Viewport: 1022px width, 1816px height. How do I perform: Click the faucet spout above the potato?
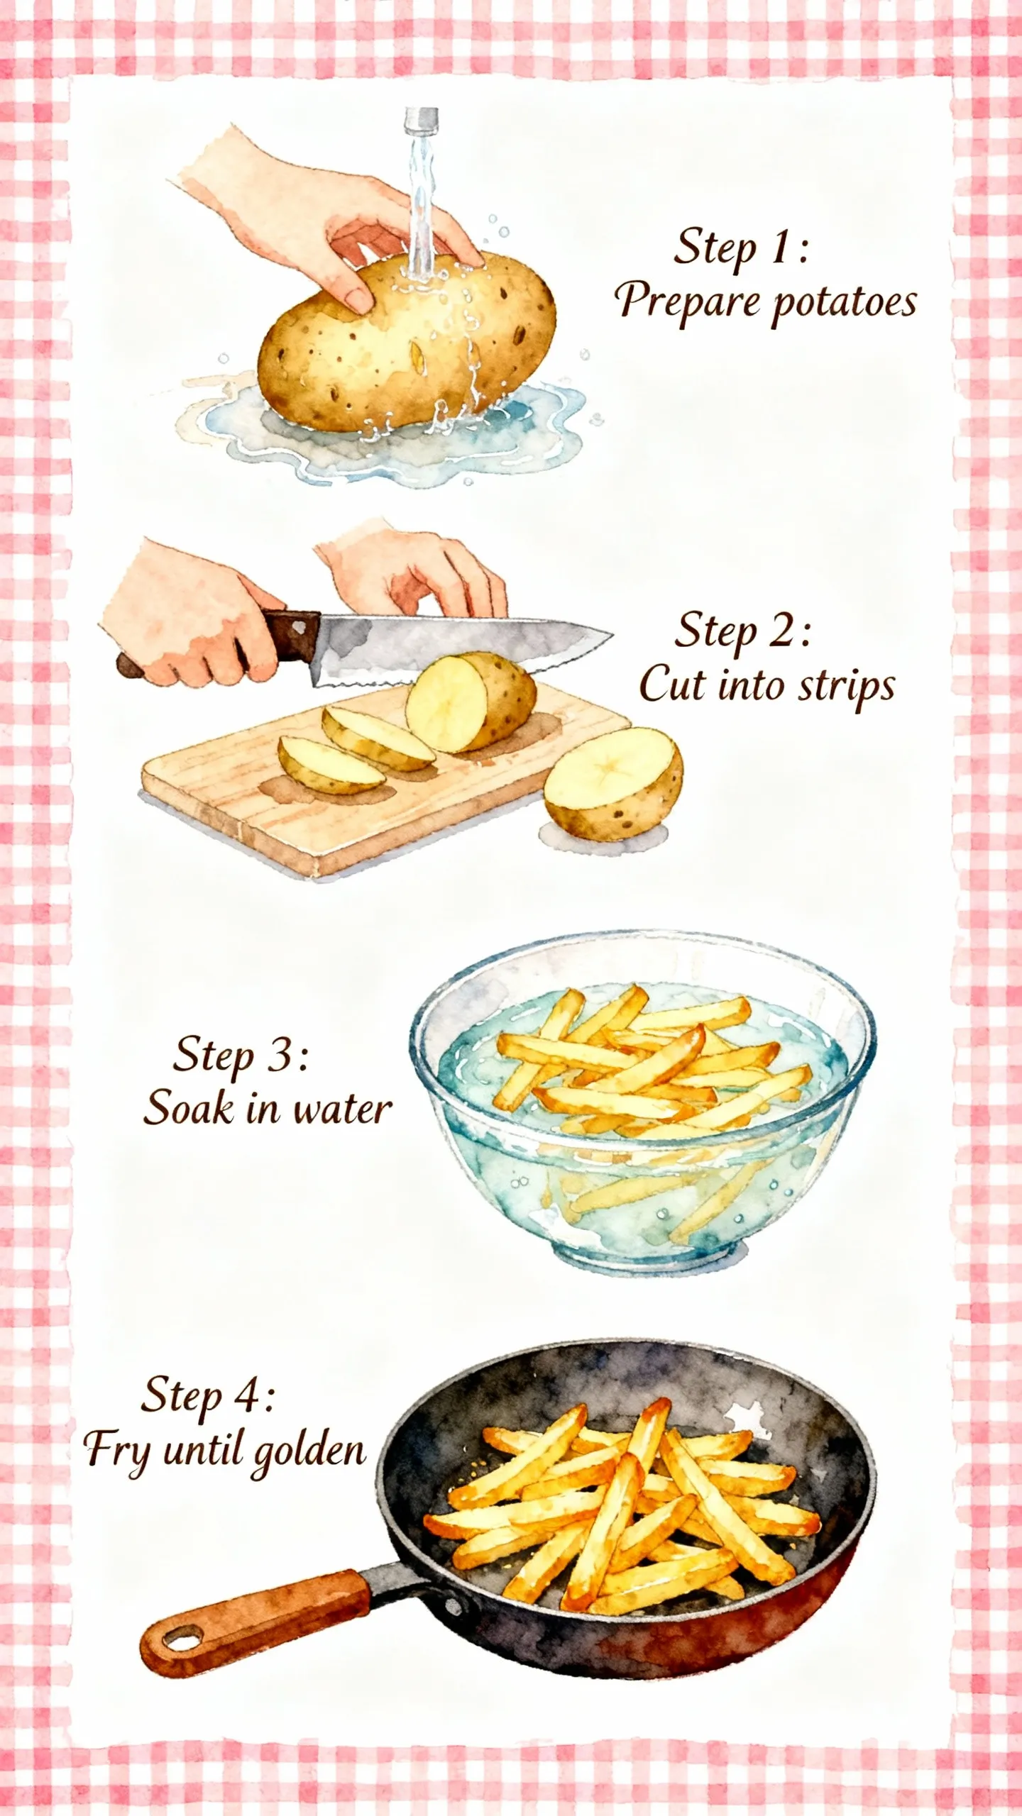421,119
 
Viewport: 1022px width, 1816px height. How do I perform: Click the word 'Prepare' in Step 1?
687,301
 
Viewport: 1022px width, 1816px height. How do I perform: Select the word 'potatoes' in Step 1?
845,304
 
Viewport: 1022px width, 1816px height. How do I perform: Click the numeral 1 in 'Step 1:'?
780,248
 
